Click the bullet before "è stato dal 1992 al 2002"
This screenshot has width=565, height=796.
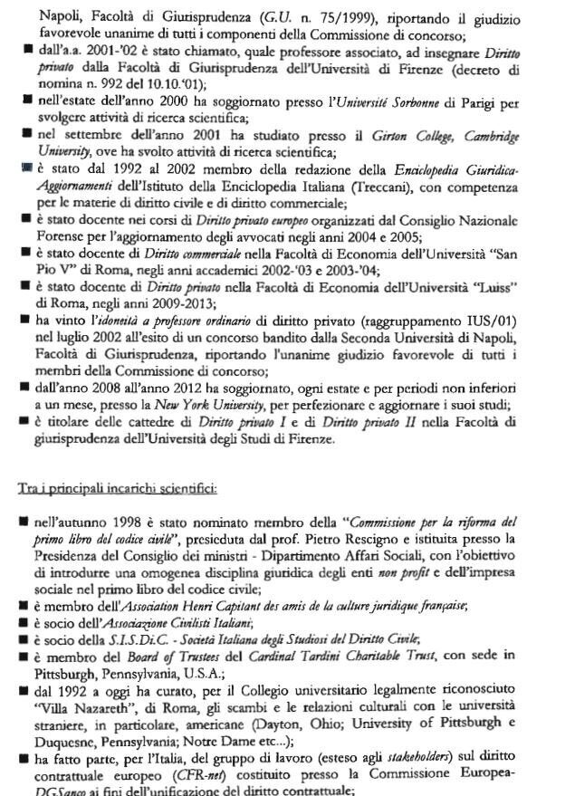(27, 170)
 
